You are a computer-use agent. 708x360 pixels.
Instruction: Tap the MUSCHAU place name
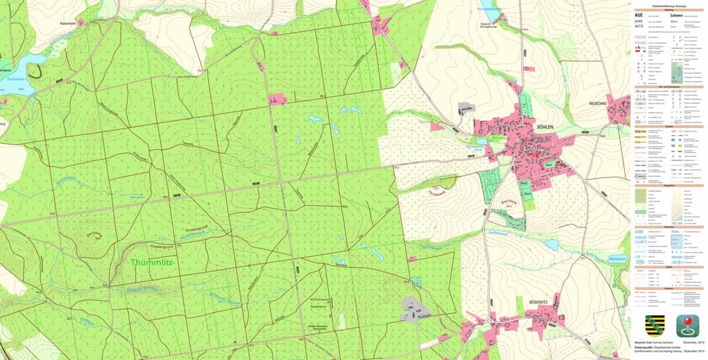(600, 103)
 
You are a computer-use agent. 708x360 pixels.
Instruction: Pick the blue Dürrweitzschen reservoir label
(489, 9)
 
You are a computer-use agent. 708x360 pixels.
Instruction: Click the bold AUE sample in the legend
(638, 15)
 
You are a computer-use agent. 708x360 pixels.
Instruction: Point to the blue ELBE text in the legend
(638, 233)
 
